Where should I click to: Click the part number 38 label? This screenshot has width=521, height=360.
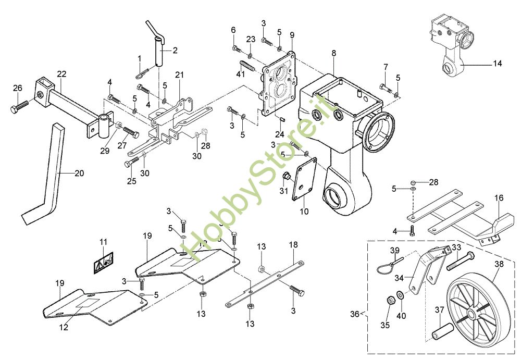tap(499, 265)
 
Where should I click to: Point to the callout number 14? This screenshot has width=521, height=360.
tap(497, 64)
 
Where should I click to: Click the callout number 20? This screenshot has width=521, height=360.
tap(79, 173)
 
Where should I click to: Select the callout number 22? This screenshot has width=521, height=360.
tap(62, 75)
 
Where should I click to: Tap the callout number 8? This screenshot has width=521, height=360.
tap(333, 53)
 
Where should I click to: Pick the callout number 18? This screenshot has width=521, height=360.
tap(293, 244)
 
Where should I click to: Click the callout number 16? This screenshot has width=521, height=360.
tap(499, 198)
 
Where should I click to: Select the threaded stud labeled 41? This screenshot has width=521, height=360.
tap(246, 68)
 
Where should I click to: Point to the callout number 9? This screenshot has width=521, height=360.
tap(292, 35)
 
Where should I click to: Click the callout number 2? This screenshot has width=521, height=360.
tap(175, 51)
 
